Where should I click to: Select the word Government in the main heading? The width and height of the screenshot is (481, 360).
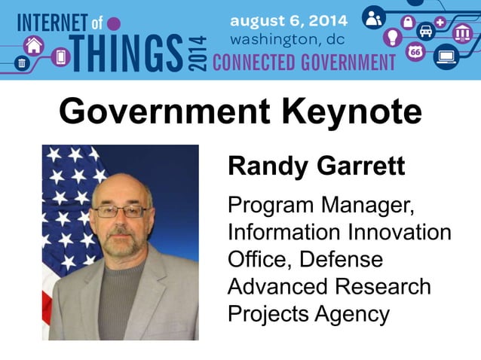(164, 113)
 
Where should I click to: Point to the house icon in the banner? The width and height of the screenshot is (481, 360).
(33, 44)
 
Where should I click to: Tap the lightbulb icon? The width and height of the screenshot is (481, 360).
(392, 37)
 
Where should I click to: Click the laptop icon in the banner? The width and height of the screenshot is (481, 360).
(446, 57)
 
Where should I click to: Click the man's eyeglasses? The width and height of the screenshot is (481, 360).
(121, 212)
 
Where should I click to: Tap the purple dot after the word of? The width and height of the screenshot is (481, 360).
(114, 23)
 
